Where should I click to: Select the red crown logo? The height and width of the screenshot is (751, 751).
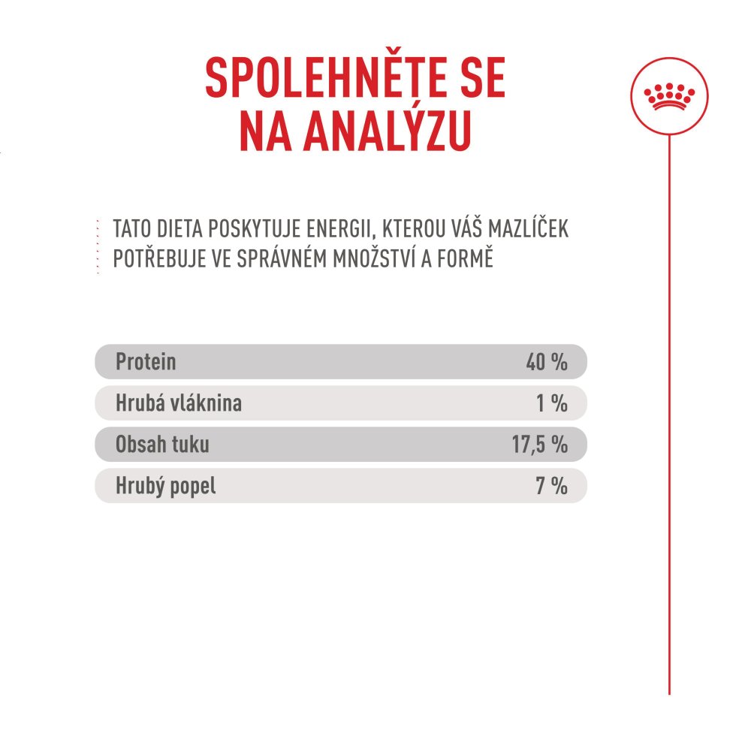(x=668, y=95)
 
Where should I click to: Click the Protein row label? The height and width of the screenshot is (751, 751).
(x=146, y=362)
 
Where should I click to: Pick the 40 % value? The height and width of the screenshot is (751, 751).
(x=546, y=362)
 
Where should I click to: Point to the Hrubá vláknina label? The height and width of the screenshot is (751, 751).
(x=179, y=403)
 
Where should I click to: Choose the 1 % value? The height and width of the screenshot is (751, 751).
(x=551, y=403)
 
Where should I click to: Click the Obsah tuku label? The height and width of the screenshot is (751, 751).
(x=162, y=445)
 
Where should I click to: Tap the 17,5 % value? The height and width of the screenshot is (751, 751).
(x=539, y=445)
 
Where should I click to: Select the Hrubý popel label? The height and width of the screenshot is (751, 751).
(x=165, y=486)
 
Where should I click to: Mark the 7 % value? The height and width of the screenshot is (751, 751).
(x=551, y=486)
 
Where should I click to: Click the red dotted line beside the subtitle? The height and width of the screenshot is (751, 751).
(x=98, y=245)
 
